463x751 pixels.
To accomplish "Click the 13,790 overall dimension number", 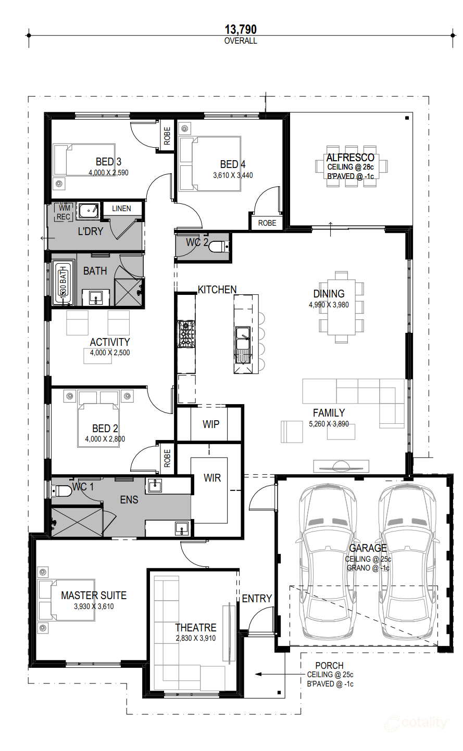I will point(241,30).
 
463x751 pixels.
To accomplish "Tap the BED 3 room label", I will point(108,162).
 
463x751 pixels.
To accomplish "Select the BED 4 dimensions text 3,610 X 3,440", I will point(233,175).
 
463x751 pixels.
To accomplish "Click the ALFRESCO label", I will point(350,158).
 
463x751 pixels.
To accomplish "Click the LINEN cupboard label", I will point(121,209).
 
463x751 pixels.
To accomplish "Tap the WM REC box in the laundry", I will point(64,213).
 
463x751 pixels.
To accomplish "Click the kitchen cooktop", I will point(186,334).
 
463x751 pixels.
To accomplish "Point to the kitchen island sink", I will point(243,338).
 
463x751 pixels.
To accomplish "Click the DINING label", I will point(329,294).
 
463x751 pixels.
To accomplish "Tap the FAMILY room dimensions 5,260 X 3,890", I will point(329,424).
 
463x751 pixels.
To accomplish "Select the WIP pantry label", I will point(210,424).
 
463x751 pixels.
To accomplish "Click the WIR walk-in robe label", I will point(212,477).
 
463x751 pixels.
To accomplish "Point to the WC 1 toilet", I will point(62,490).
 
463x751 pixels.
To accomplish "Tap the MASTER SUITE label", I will point(94,595).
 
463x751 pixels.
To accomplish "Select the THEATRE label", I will point(195,628).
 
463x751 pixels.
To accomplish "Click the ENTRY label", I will point(257,599).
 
